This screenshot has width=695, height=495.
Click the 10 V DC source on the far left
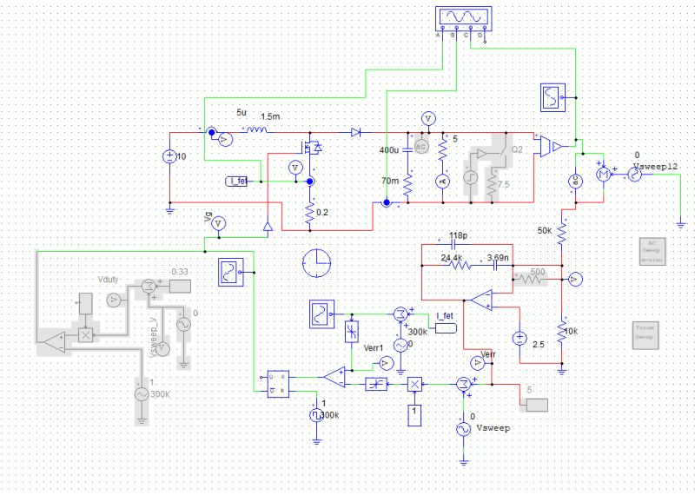(169, 157)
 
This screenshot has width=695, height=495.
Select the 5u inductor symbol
(255, 131)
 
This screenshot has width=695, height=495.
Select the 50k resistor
(562, 232)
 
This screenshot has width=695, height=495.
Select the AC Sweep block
(651, 250)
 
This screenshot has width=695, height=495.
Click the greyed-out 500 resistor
(529, 278)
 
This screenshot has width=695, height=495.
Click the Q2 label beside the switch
(517, 149)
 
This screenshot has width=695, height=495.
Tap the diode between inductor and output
(355, 132)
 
